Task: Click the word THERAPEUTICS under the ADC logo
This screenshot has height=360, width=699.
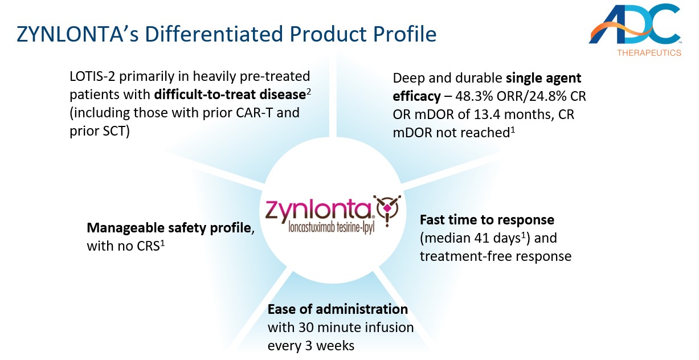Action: [x=649, y=53]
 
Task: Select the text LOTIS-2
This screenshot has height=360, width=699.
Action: [x=92, y=76]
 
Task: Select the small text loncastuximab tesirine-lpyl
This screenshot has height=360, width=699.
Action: [x=331, y=228]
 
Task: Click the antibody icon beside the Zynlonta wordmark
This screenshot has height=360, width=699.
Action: [x=387, y=210]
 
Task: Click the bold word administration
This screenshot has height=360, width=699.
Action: [x=362, y=309]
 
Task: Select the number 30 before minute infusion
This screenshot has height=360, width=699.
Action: [x=306, y=328]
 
